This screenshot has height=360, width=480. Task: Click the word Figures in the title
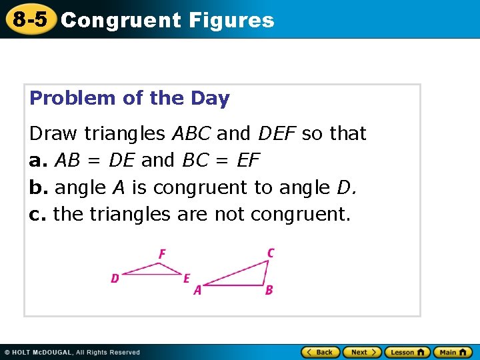[231, 20]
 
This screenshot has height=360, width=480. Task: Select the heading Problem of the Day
[129, 99]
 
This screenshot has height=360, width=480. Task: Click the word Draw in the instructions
[53, 133]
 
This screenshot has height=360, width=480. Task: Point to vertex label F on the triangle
[162, 254]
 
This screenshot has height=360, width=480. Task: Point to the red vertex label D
[115, 278]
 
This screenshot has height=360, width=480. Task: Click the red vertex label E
[187, 278]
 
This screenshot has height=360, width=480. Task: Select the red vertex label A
[197, 290]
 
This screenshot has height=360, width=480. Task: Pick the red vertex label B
[269, 290]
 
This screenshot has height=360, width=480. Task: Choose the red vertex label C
[270, 253]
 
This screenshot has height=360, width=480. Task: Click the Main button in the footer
[453, 352]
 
